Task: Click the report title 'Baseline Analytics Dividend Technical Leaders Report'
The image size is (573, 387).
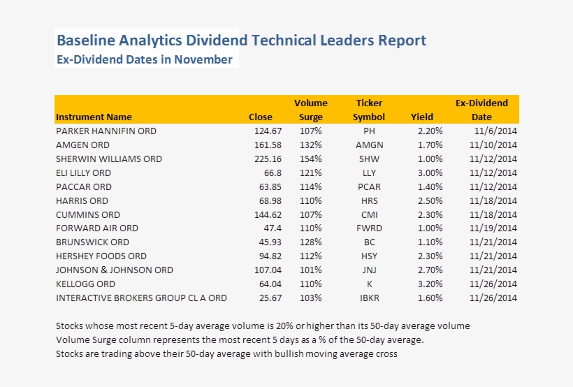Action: [x=241, y=41]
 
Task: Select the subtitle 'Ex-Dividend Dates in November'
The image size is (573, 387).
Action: [x=144, y=60]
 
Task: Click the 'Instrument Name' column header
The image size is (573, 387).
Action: [x=94, y=117]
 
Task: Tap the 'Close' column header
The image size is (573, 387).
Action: [x=261, y=117]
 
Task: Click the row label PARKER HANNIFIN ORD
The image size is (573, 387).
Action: [x=106, y=131]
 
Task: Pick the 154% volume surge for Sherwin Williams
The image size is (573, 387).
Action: [x=310, y=159]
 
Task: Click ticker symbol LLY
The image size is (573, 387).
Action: [x=369, y=173]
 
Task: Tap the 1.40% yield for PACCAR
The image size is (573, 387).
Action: [x=430, y=187]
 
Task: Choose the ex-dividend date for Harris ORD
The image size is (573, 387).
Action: [x=493, y=200]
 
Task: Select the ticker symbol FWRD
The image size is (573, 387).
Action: [x=369, y=228]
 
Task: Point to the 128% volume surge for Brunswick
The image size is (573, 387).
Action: [x=310, y=242]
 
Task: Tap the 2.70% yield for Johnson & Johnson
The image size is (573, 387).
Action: [x=430, y=270]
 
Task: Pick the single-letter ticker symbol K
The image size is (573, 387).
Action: [x=369, y=284]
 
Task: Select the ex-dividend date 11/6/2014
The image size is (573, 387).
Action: [x=495, y=131]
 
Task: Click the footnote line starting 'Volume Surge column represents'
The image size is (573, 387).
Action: [x=240, y=340]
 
